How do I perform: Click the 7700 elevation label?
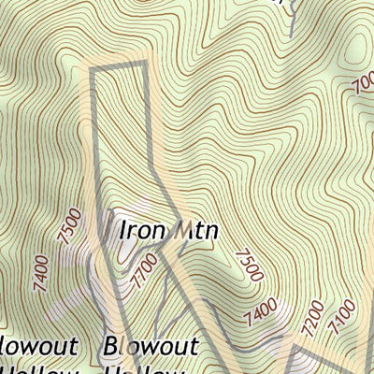coord(140,274)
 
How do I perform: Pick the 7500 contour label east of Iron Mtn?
coord(250,265)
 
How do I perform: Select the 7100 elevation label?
coord(344,308)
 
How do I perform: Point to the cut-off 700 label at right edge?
coord(363,86)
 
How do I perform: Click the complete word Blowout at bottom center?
coord(152,346)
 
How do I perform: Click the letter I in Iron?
coord(117,229)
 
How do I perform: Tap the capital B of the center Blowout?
coord(114,346)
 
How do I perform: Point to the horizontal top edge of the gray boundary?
coord(120,65)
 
